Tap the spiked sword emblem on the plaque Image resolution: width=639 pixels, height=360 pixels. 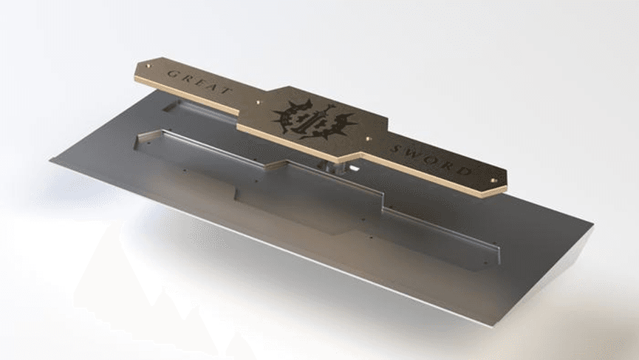tap(315, 118)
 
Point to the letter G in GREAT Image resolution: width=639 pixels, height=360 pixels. tap(173, 72)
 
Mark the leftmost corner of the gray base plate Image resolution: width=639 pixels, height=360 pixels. tap(51, 161)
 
